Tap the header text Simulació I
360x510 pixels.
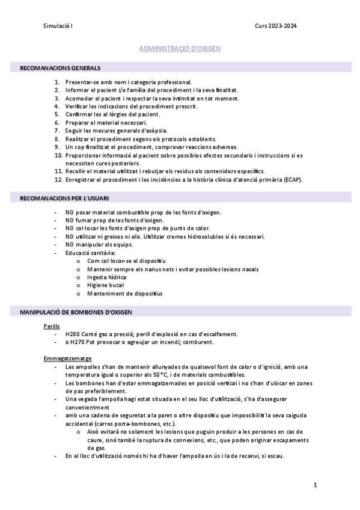coord(58,25)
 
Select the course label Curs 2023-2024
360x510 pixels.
coord(275,25)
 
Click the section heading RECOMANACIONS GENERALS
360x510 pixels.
coord(60,68)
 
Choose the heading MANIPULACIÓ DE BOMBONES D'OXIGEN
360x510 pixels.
coord(76,313)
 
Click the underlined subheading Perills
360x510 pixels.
coord(52,327)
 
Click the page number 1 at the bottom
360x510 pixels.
coord(314,484)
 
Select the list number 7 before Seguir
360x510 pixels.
coord(57,131)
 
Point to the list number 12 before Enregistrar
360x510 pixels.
coord(58,179)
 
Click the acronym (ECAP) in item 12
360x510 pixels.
coord(291,179)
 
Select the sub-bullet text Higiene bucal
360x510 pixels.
coord(106,286)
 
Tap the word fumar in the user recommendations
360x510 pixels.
coord(85,220)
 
